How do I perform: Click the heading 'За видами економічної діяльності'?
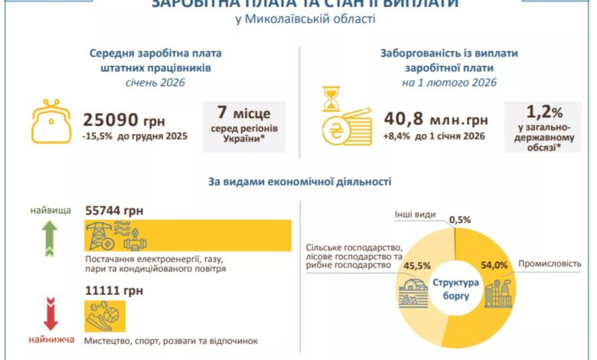pyautogui.click(x=299, y=182)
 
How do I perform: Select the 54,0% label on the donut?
pyautogui.click(x=493, y=265)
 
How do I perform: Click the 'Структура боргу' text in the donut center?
pyautogui.click(x=455, y=288)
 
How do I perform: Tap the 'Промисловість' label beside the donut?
pyautogui.click(x=556, y=264)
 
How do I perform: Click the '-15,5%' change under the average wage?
pyautogui.click(x=99, y=138)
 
